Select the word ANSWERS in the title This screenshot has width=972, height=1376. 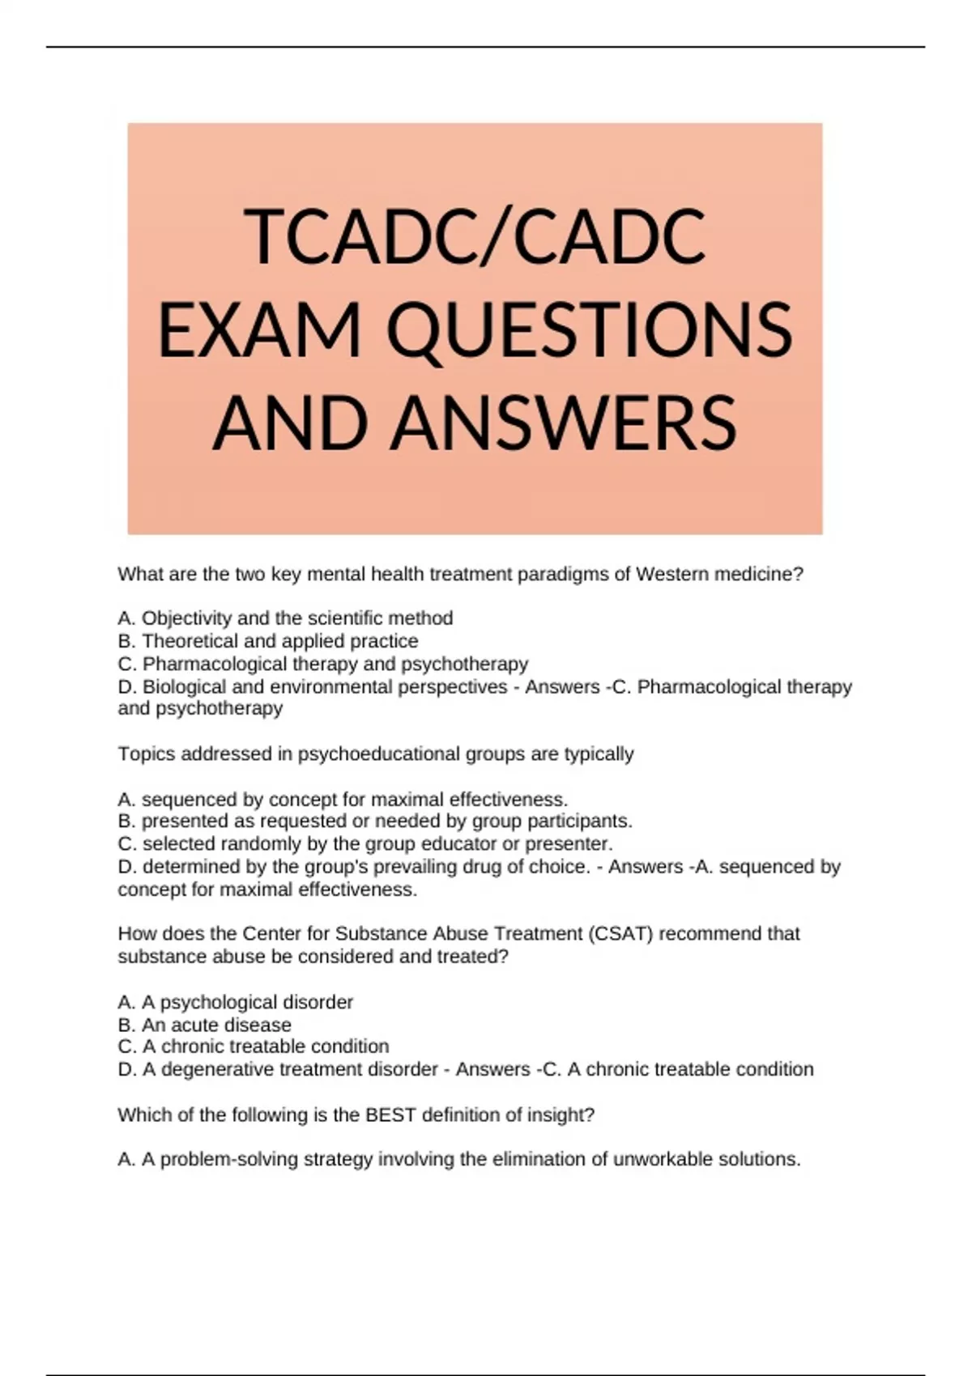(x=564, y=423)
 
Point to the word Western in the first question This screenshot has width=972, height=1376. (x=669, y=575)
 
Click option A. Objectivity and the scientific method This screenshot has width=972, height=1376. (x=285, y=618)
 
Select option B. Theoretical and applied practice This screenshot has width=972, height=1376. (x=268, y=641)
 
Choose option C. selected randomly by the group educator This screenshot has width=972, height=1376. (x=364, y=843)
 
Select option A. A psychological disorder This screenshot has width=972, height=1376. (x=235, y=1002)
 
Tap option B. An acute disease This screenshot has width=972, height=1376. (x=204, y=1025)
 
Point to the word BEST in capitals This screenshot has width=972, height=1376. (x=391, y=1115)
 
